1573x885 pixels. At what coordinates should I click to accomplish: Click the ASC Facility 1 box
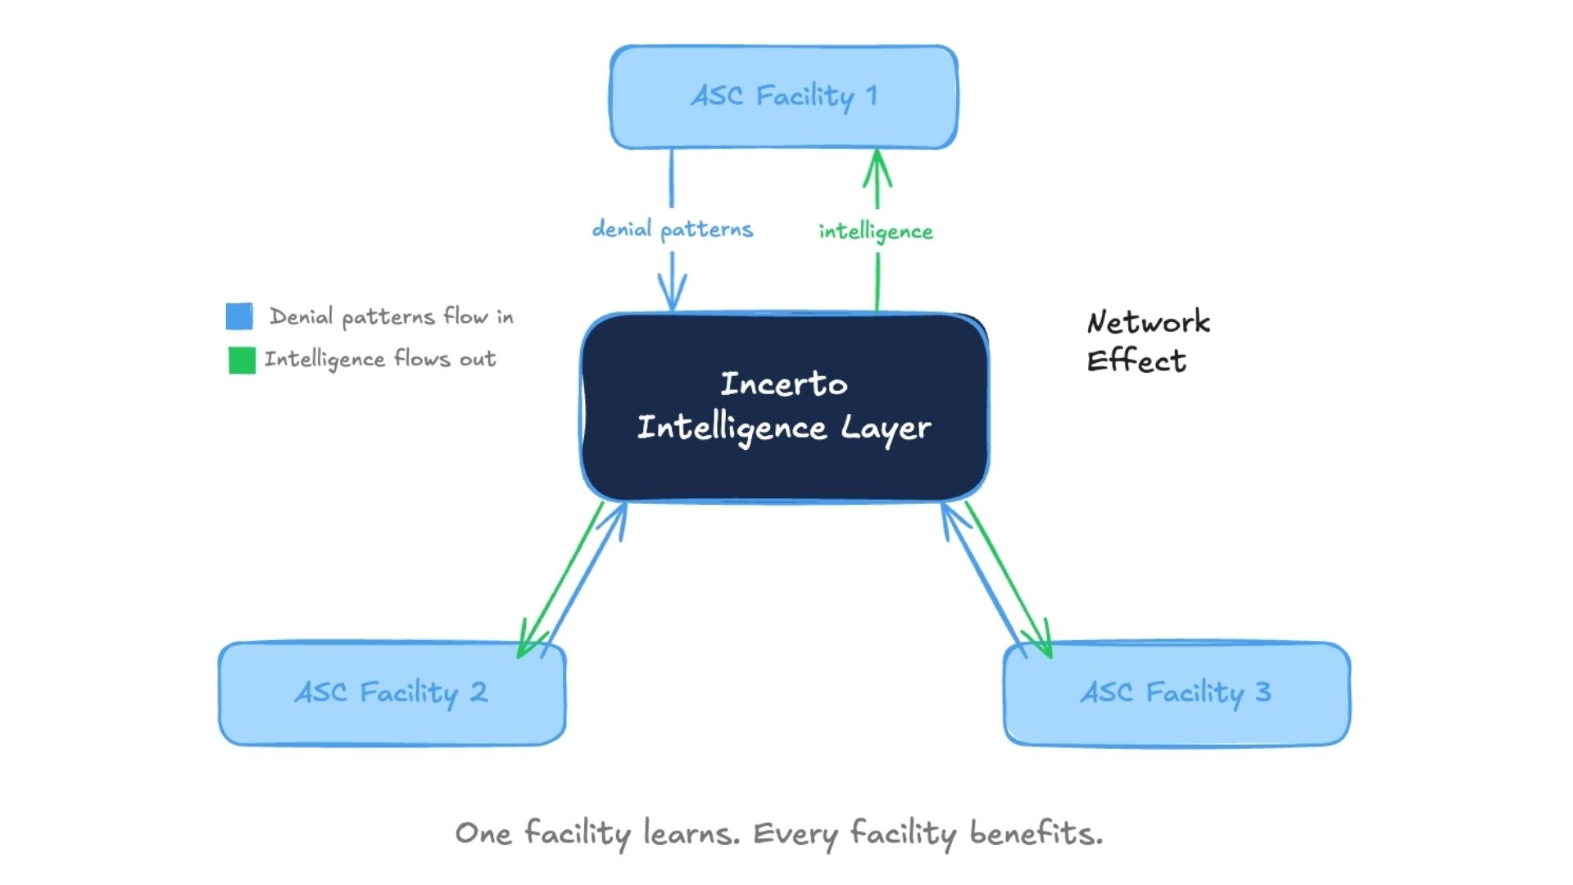(784, 97)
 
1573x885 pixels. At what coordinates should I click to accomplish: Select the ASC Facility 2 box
(392, 693)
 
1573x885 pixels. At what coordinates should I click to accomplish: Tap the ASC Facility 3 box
(1176, 693)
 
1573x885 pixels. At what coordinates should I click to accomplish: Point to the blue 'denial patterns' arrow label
(672, 229)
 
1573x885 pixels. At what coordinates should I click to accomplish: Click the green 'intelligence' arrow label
(876, 232)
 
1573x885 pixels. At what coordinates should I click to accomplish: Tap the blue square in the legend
(239, 316)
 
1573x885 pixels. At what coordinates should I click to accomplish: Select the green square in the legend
(242, 360)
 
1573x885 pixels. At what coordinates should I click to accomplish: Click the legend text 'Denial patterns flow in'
(391, 317)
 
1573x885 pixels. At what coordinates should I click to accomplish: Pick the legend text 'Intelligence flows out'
(380, 359)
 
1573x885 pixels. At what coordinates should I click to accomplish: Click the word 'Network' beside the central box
(1148, 322)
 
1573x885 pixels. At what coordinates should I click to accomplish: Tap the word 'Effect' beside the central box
(1136, 361)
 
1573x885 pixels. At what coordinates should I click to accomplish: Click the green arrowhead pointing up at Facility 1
(877, 164)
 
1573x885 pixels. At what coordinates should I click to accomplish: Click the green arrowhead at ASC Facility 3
(1043, 647)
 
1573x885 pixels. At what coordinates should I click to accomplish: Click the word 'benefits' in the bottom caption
(1036, 833)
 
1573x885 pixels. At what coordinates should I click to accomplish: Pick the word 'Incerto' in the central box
(784, 383)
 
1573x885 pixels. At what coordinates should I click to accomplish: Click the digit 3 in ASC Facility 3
(1262, 692)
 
